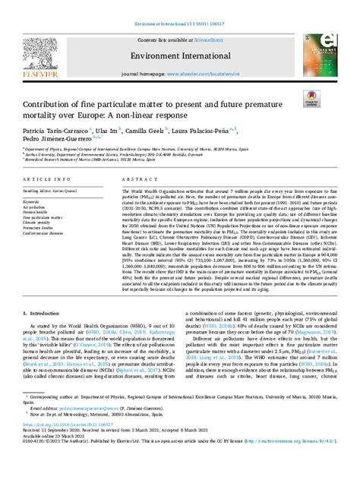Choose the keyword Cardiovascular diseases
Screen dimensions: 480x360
click(45, 232)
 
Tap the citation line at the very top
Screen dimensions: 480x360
click(179, 7)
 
